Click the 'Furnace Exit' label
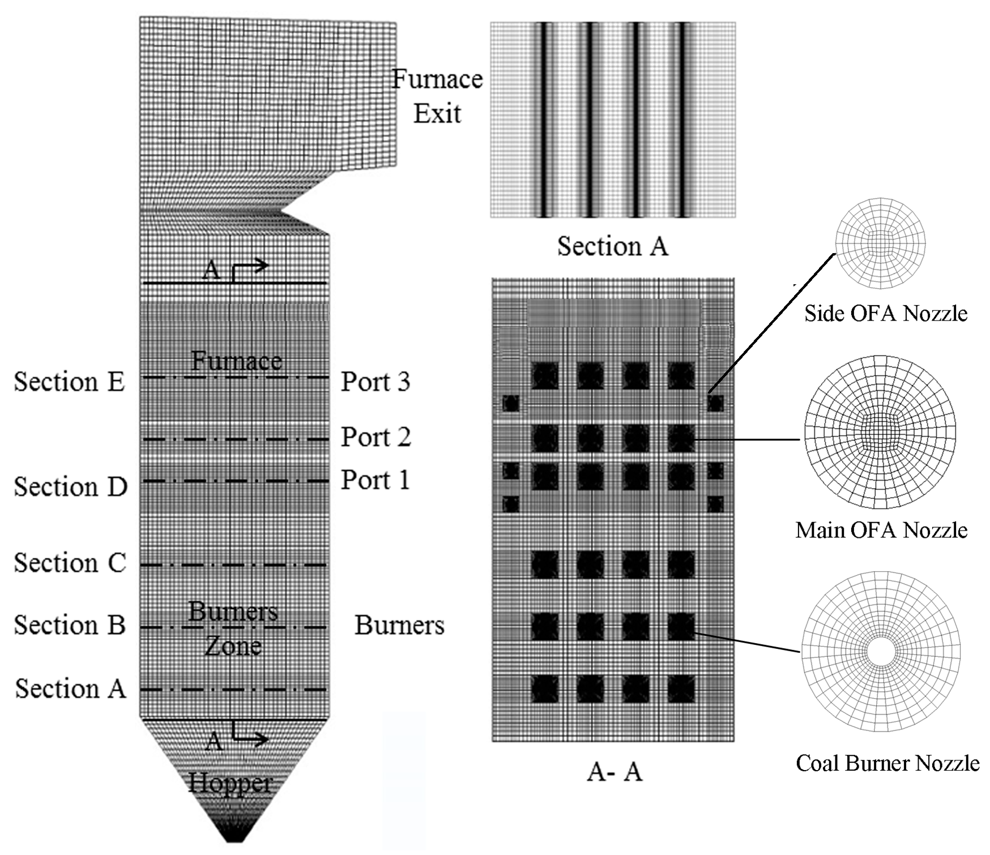[x=437, y=96]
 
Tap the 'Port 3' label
[x=375, y=382]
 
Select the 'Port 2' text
[x=375, y=437]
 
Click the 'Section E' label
[x=69, y=382]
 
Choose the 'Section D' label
[x=71, y=487]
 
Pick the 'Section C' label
[x=70, y=563]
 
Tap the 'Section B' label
[x=70, y=625]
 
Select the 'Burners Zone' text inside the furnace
[x=233, y=629]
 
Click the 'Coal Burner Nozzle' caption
[x=887, y=763]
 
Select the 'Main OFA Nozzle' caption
[x=881, y=530]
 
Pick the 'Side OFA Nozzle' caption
[x=886, y=313]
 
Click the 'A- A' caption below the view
[x=615, y=772]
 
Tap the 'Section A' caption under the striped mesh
[x=612, y=246]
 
